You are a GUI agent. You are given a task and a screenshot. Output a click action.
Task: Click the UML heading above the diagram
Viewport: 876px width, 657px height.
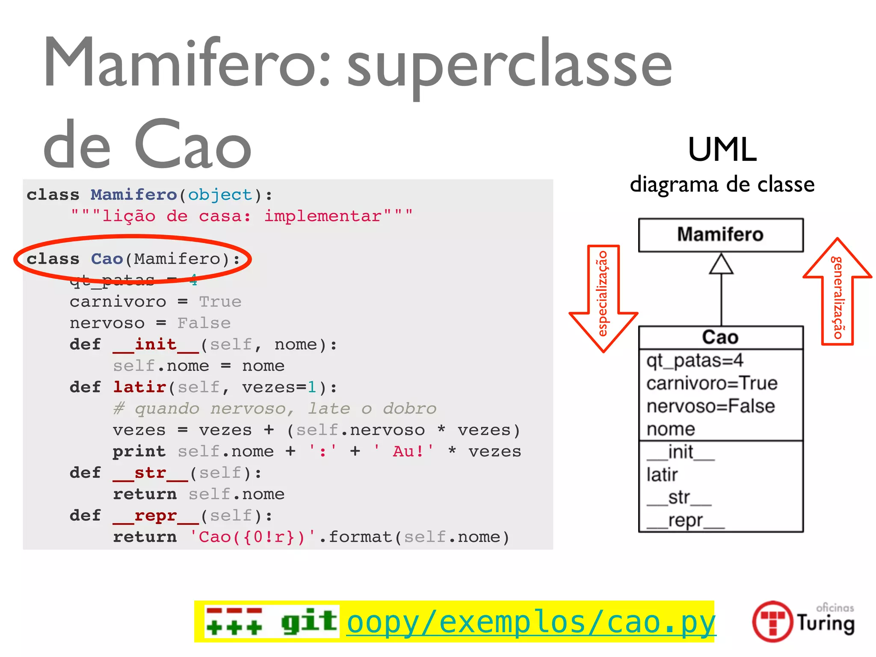[722, 150]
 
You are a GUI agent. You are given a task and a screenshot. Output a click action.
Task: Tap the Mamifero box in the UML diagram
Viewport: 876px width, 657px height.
[721, 235]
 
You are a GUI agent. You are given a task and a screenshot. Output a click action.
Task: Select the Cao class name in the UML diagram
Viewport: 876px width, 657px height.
[720, 337]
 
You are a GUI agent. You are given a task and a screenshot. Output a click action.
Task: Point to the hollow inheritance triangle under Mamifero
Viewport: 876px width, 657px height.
[721, 264]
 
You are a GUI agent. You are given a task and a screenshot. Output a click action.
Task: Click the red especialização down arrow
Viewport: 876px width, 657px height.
[603, 299]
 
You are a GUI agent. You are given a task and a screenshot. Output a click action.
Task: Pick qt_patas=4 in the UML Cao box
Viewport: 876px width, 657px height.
[695, 361]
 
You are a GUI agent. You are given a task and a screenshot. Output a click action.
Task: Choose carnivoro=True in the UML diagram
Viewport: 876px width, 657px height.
[712, 383]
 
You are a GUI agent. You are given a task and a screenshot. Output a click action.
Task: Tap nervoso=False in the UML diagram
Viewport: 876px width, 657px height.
[710, 406]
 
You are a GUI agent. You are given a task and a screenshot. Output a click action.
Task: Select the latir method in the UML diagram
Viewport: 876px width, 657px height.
[662, 475]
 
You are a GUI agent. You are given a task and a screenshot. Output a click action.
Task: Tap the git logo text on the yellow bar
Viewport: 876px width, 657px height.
[309, 621]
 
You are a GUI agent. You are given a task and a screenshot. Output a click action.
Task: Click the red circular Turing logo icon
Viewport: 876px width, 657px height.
[772, 621]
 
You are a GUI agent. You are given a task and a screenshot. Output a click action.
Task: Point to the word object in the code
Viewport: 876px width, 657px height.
[220, 195]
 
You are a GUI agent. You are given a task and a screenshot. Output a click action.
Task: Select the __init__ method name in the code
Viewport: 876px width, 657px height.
[156, 345]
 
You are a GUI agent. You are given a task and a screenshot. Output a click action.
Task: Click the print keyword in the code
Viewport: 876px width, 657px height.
[139, 452]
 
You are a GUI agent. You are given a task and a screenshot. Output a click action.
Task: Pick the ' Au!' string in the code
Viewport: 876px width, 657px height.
[403, 452]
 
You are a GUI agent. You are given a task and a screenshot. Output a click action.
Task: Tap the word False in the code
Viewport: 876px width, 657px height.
[204, 323]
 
